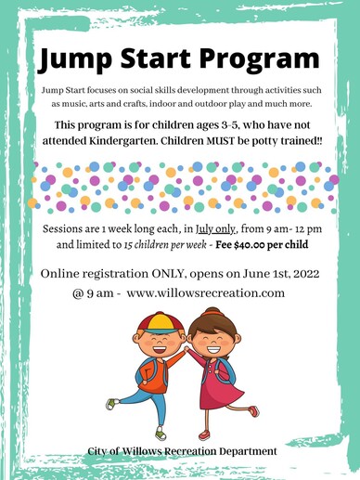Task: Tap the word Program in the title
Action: click(259, 59)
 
